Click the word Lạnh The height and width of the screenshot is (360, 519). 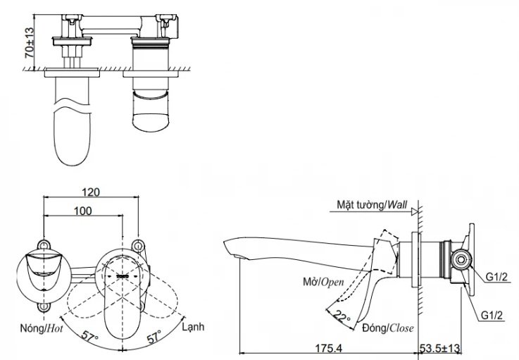193,328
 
